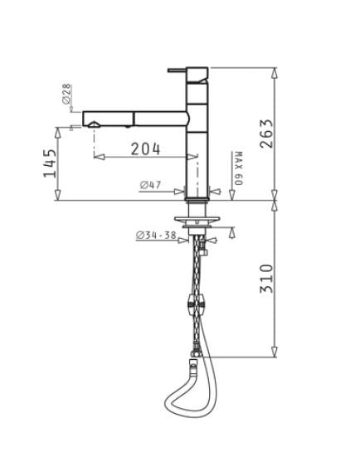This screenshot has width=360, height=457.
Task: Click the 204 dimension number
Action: [145, 148]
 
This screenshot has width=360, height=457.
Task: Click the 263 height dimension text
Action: [267, 134]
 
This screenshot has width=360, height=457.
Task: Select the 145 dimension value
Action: [50, 163]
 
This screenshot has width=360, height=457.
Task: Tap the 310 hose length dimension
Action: [267, 279]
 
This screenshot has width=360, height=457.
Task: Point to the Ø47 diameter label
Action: [150, 184]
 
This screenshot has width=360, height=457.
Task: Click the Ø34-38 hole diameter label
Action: [156, 235]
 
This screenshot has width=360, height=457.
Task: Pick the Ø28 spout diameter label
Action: [66, 94]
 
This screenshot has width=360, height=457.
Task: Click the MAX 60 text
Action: [238, 168]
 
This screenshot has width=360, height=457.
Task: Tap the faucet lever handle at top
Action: [177, 70]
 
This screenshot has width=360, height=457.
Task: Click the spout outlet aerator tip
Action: [95, 124]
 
